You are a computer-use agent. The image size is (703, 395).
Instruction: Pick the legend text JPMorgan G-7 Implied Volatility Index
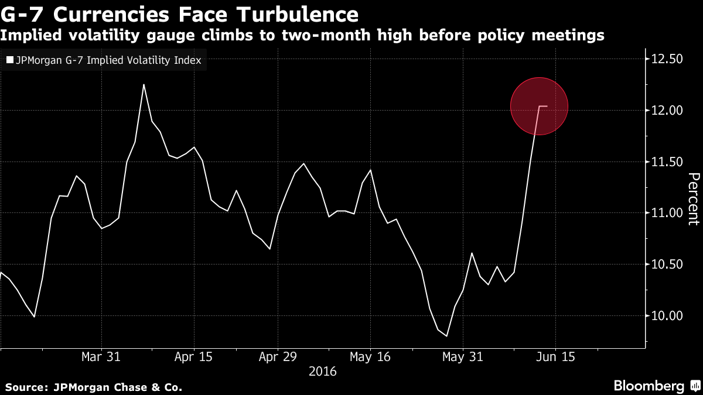point(107,60)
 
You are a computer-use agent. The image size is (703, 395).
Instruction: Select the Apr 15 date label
point(193,356)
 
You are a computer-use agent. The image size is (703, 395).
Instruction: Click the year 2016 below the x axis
point(323,371)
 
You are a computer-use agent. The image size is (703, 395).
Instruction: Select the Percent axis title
point(693,199)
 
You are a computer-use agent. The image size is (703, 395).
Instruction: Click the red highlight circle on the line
point(539,106)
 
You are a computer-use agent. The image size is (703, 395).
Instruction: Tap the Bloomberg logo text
point(649,386)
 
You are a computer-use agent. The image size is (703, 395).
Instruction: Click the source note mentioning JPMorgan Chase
point(94,387)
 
